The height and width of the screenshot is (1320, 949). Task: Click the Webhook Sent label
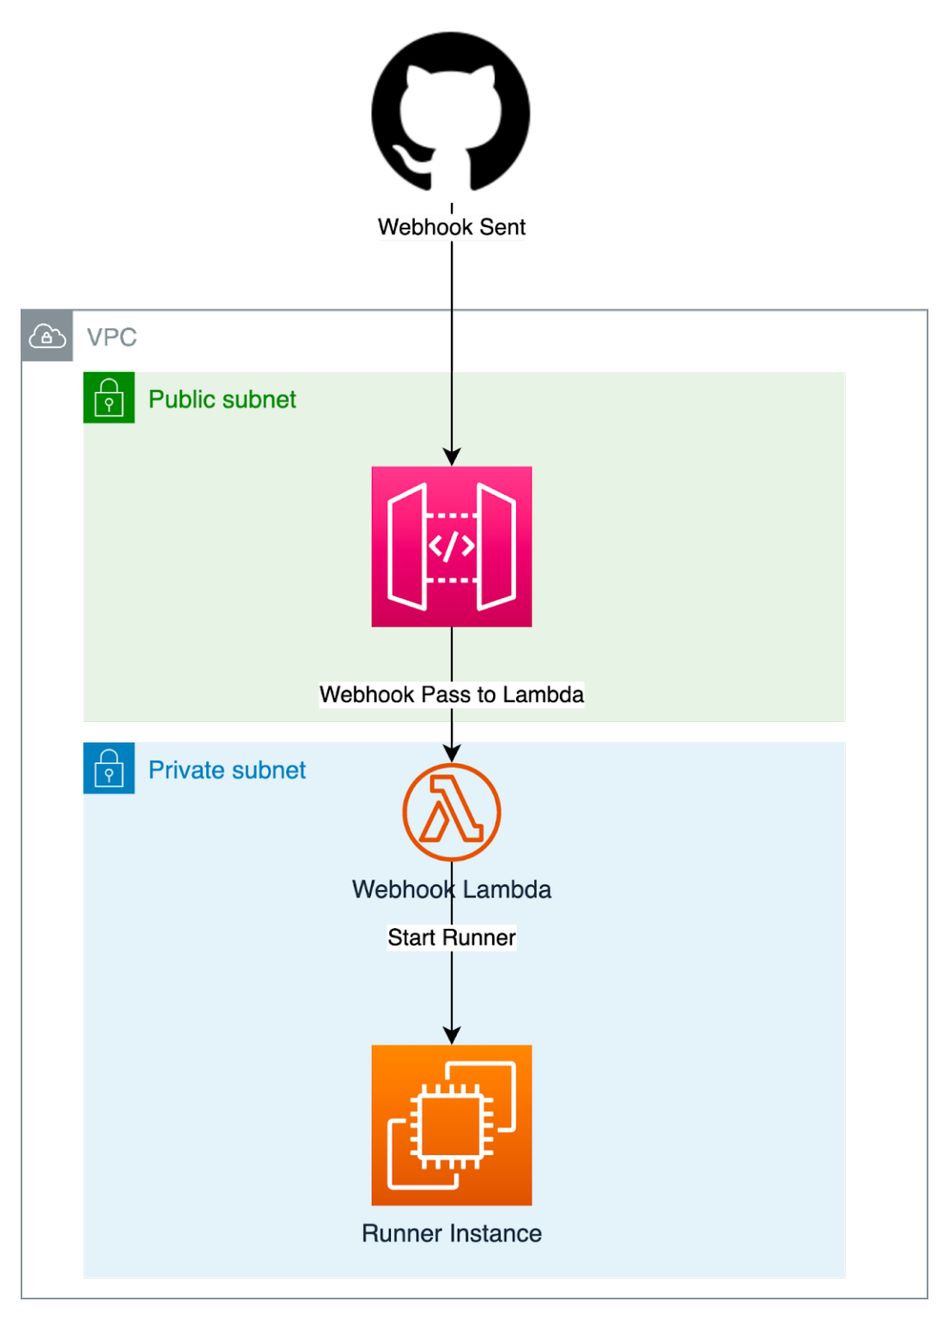[452, 228]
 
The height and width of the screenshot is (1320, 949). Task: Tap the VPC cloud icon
[47, 337]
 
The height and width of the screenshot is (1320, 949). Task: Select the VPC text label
[112, 338]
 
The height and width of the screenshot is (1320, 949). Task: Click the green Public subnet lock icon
[108, 397]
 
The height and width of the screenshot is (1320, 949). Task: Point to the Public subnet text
[222, 400]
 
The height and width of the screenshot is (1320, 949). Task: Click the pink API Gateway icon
[452, 547]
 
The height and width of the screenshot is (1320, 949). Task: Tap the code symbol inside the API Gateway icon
[452, 546]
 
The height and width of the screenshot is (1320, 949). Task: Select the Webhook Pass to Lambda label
[452, 694]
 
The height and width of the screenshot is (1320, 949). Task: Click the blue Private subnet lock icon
[108, 768]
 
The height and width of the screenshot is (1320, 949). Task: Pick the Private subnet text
[227, 770]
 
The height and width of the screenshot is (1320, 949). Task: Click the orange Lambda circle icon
[452, 812]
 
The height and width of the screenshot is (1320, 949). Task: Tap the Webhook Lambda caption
[452, 889]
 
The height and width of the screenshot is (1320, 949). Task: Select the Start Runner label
[452, 938]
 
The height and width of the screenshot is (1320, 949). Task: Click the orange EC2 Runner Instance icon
[452, 1125]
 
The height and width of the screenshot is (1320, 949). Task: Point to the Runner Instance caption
[452, 1234]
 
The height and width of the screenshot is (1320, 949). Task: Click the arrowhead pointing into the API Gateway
[452, 456]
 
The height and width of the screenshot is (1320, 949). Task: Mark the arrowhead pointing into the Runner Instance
[452, 1035]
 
